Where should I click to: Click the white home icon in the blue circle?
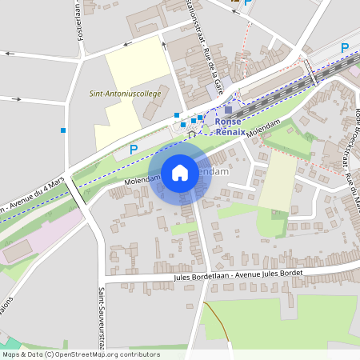pyautogui.click(x=180, y=172)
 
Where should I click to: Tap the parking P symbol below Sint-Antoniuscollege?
pyautogui.click(x=134, y=149)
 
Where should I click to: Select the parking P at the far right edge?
pyautogui.click(x=345, y=48)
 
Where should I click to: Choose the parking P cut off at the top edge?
pyautogui.click(x=248, y=3)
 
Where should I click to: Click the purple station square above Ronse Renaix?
pyautogui.click(x=229, y=110)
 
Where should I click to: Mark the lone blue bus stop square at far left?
pyautogui.click(x=63, y=130)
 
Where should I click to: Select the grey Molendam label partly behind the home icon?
pyautogui.click(x=214, y=172)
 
